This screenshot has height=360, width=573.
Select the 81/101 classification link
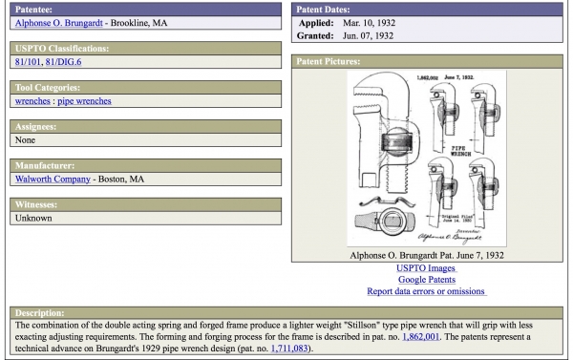[29, 63]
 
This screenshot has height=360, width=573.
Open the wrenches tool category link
[32, 101]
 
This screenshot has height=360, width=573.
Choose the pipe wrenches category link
[84, 101]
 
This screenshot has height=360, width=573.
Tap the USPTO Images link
[426, 268]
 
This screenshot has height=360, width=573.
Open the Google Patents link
[426, 280]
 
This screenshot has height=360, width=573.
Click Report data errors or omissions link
[426, 291]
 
